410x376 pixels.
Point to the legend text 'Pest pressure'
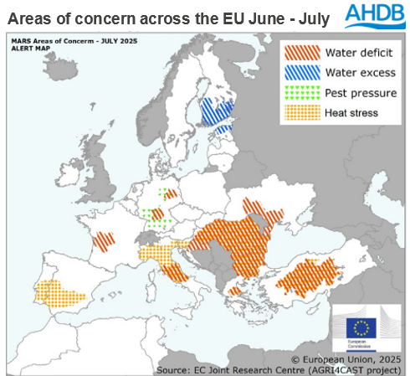(361, 93)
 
